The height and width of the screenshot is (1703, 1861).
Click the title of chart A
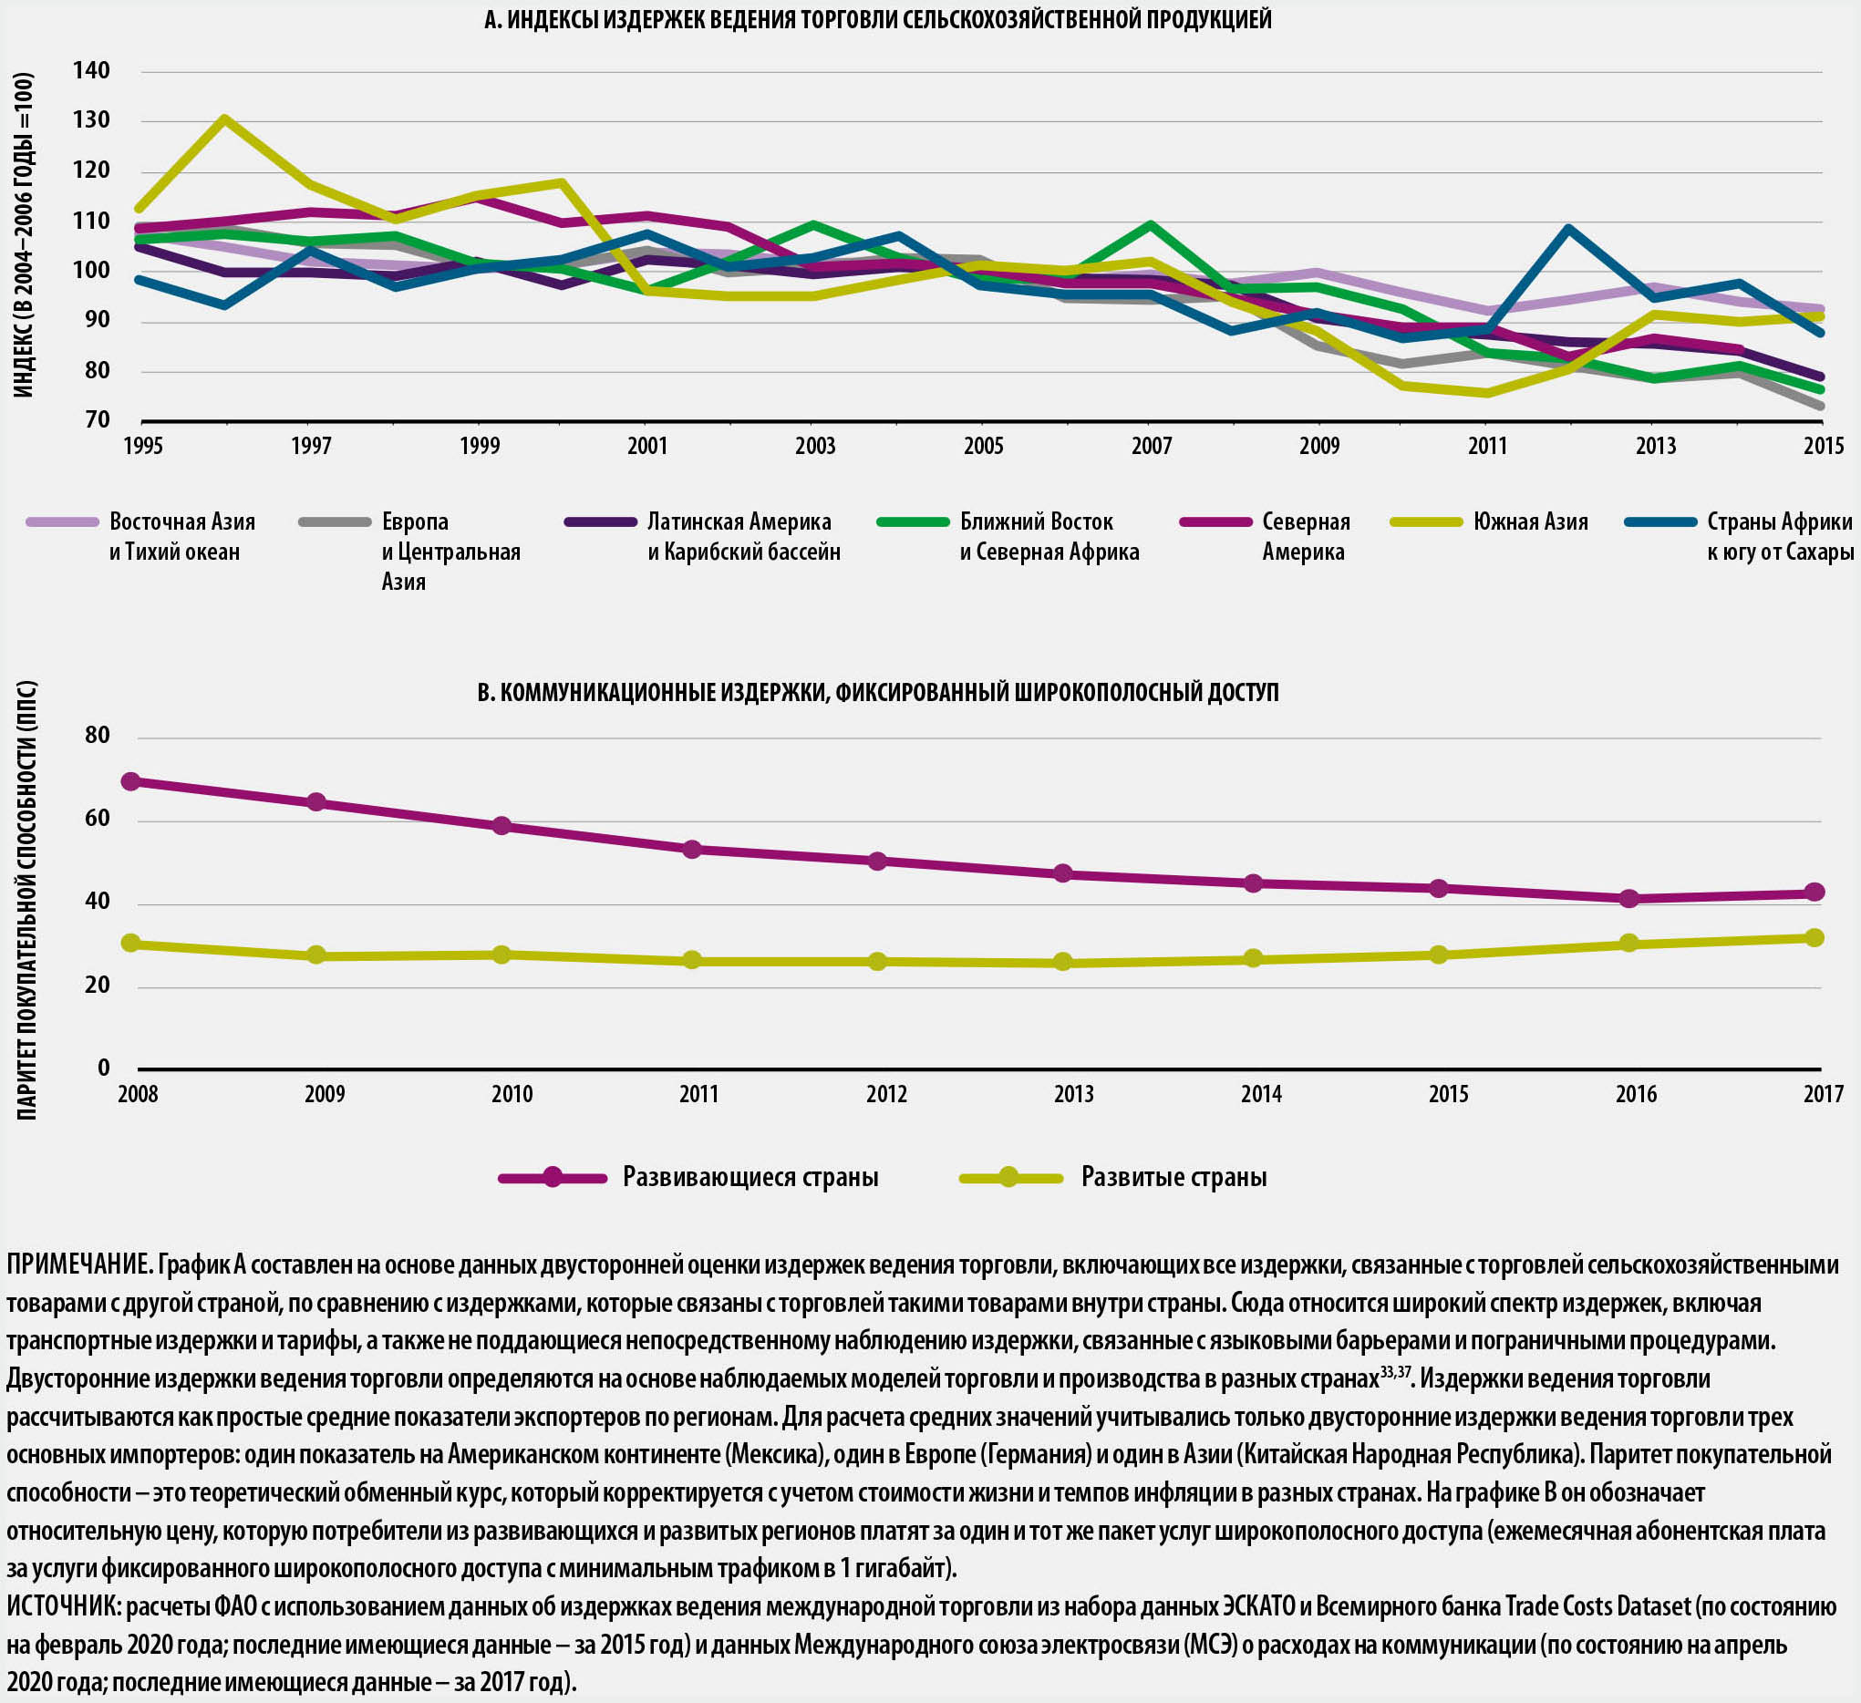(x=877, y=19)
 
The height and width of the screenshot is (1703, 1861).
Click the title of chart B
(x=877, y=692)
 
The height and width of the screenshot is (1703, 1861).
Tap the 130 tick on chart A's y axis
(x=91, y=121)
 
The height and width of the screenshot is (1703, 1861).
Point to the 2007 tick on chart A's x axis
(x=1151, y=447)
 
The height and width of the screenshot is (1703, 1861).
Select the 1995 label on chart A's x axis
(x=143, y=447)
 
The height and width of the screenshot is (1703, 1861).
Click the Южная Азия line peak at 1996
(x=224, y=119)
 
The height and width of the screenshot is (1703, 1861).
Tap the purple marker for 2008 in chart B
(x=131, y=782)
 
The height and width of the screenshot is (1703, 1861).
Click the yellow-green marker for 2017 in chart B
(x=1814, y=938)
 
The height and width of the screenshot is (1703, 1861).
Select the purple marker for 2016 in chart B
(x=1628, y=898)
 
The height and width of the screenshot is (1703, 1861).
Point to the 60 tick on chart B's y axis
(x=97, y=819)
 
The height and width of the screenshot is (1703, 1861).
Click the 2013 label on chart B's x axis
(x=1073, y=1095)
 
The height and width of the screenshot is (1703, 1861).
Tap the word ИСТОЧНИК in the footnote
(x=63, y=1606)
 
